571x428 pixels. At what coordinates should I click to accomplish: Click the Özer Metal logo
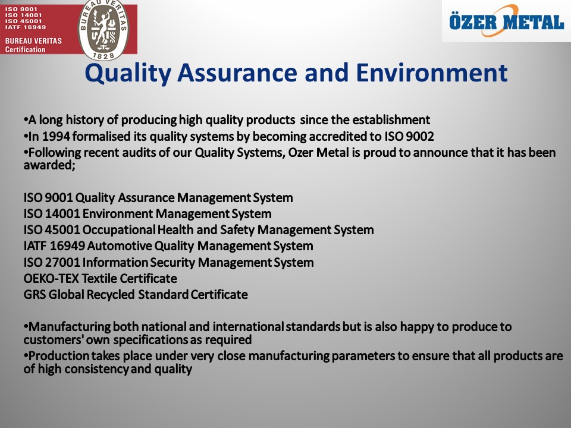507,21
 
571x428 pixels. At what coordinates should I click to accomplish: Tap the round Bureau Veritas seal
103,29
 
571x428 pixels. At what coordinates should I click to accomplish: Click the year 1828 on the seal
103,55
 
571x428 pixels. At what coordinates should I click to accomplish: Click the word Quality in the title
128,74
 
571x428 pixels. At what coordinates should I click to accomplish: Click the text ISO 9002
409,137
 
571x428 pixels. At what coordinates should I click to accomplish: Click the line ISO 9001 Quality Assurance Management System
158,198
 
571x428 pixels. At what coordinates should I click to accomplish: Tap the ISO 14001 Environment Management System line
148,213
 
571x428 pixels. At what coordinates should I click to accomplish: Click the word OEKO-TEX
51,279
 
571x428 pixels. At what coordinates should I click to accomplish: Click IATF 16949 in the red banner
26,27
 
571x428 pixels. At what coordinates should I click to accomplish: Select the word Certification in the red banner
25,49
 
